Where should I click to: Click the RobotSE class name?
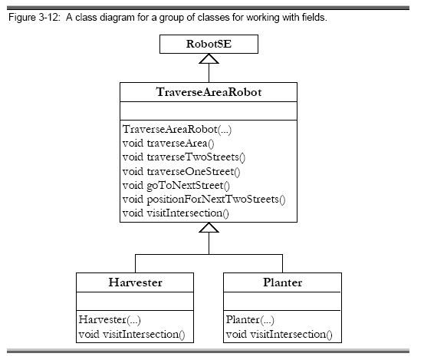tap(209, 44)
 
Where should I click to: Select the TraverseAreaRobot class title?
tap(209, 92)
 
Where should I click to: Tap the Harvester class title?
tap(135, 282)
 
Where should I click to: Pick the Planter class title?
tap(283, 282)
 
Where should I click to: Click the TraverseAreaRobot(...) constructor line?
tap(177, 130)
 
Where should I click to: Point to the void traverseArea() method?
tap(168, 144)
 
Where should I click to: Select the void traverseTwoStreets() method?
tap(184, 157)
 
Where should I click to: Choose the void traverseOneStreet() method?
tap(181, 171)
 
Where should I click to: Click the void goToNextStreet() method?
tap(176, 186)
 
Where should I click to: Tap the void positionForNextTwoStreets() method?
tap(204, 200)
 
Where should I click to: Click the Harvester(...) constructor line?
tap(110, 319)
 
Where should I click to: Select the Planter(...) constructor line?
tap(250, 319)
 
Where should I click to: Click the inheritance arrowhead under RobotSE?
tap(209, 59)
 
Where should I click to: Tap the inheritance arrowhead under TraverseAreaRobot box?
tap(209, 227)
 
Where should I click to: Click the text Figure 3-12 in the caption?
tap(34, 18)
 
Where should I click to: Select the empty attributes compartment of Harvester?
tap(135, 301)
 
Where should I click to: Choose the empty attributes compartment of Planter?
tap(282, 301)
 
